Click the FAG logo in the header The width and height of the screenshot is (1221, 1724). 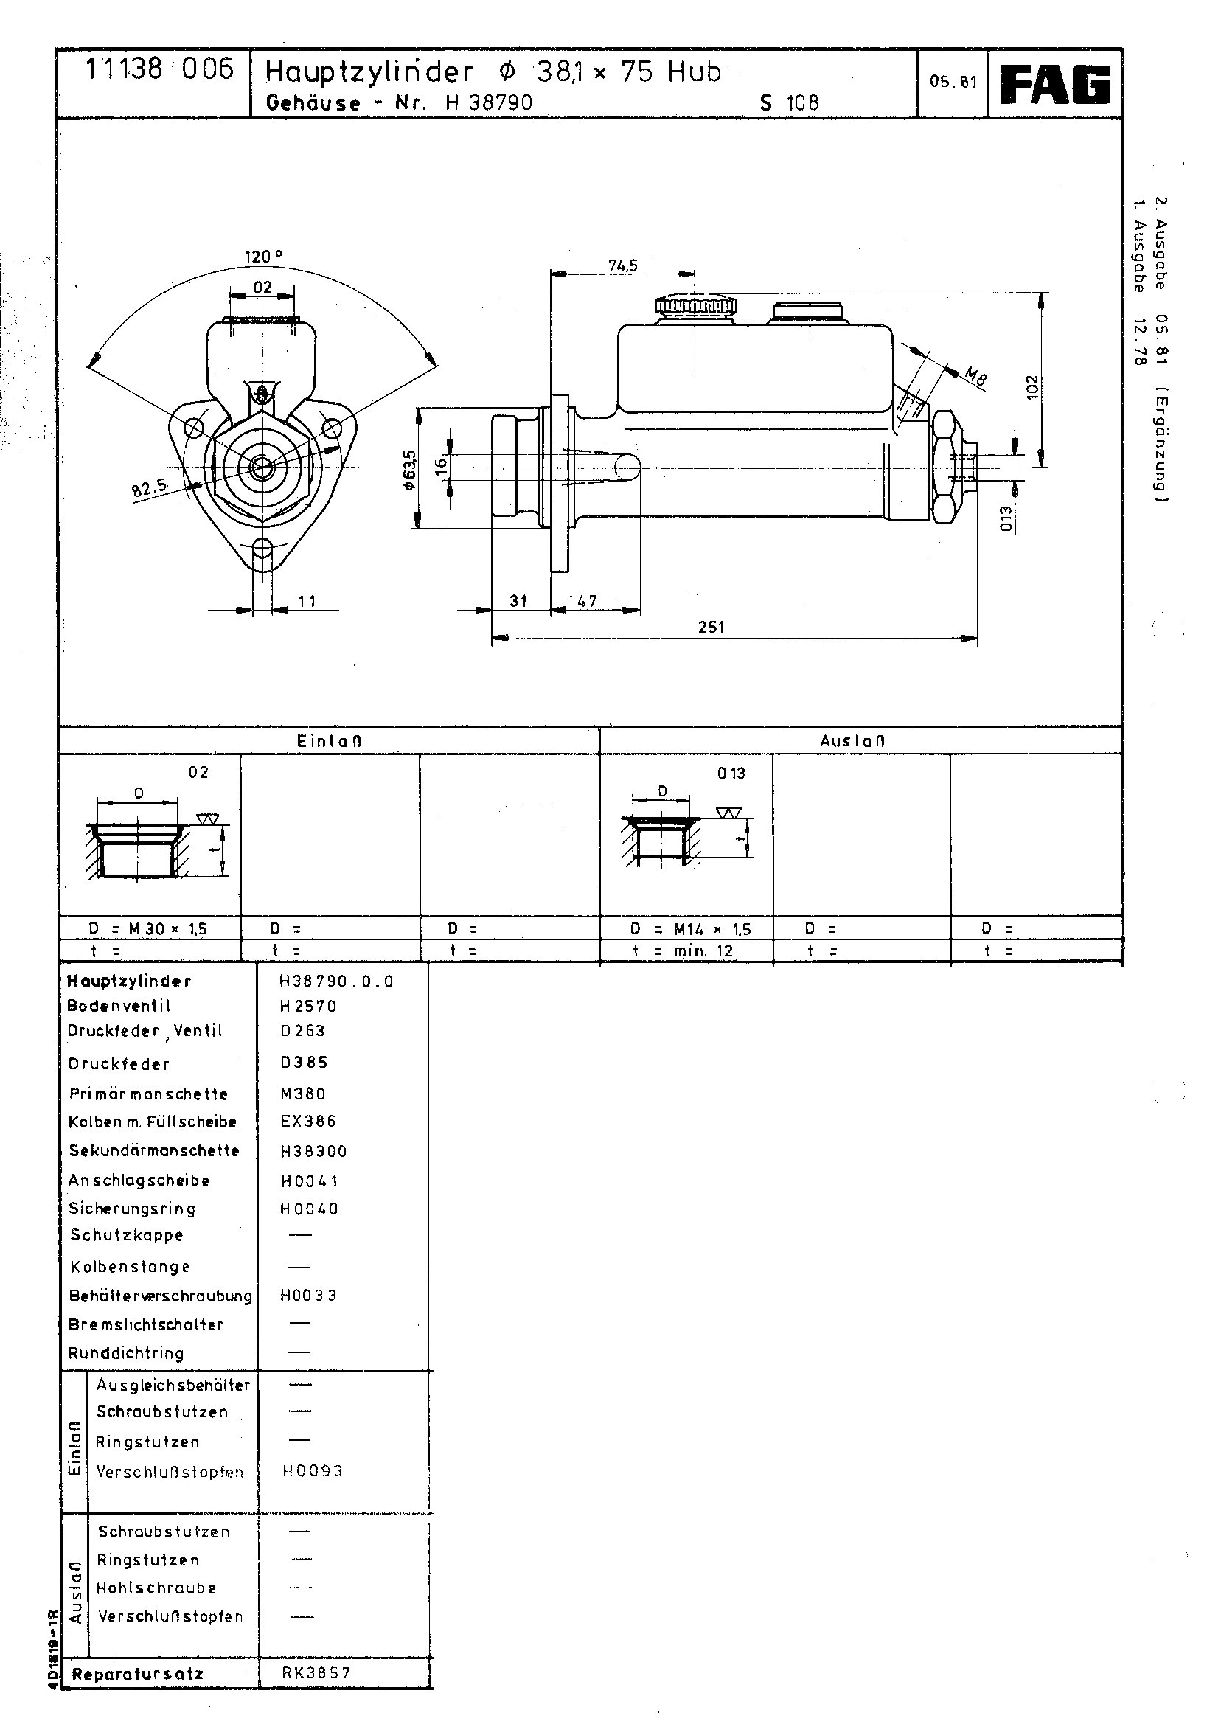[x=1056, y=84]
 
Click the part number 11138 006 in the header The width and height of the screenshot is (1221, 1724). [x=159, y=70]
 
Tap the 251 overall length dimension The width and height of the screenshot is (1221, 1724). [x=711, y=626]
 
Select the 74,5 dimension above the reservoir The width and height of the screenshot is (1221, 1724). [x=622, y=265]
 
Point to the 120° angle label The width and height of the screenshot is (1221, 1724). [x=263, y=257]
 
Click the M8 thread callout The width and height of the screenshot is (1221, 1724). [x=975, y=376]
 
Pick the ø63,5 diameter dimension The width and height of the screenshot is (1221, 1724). [x=409, y=470]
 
